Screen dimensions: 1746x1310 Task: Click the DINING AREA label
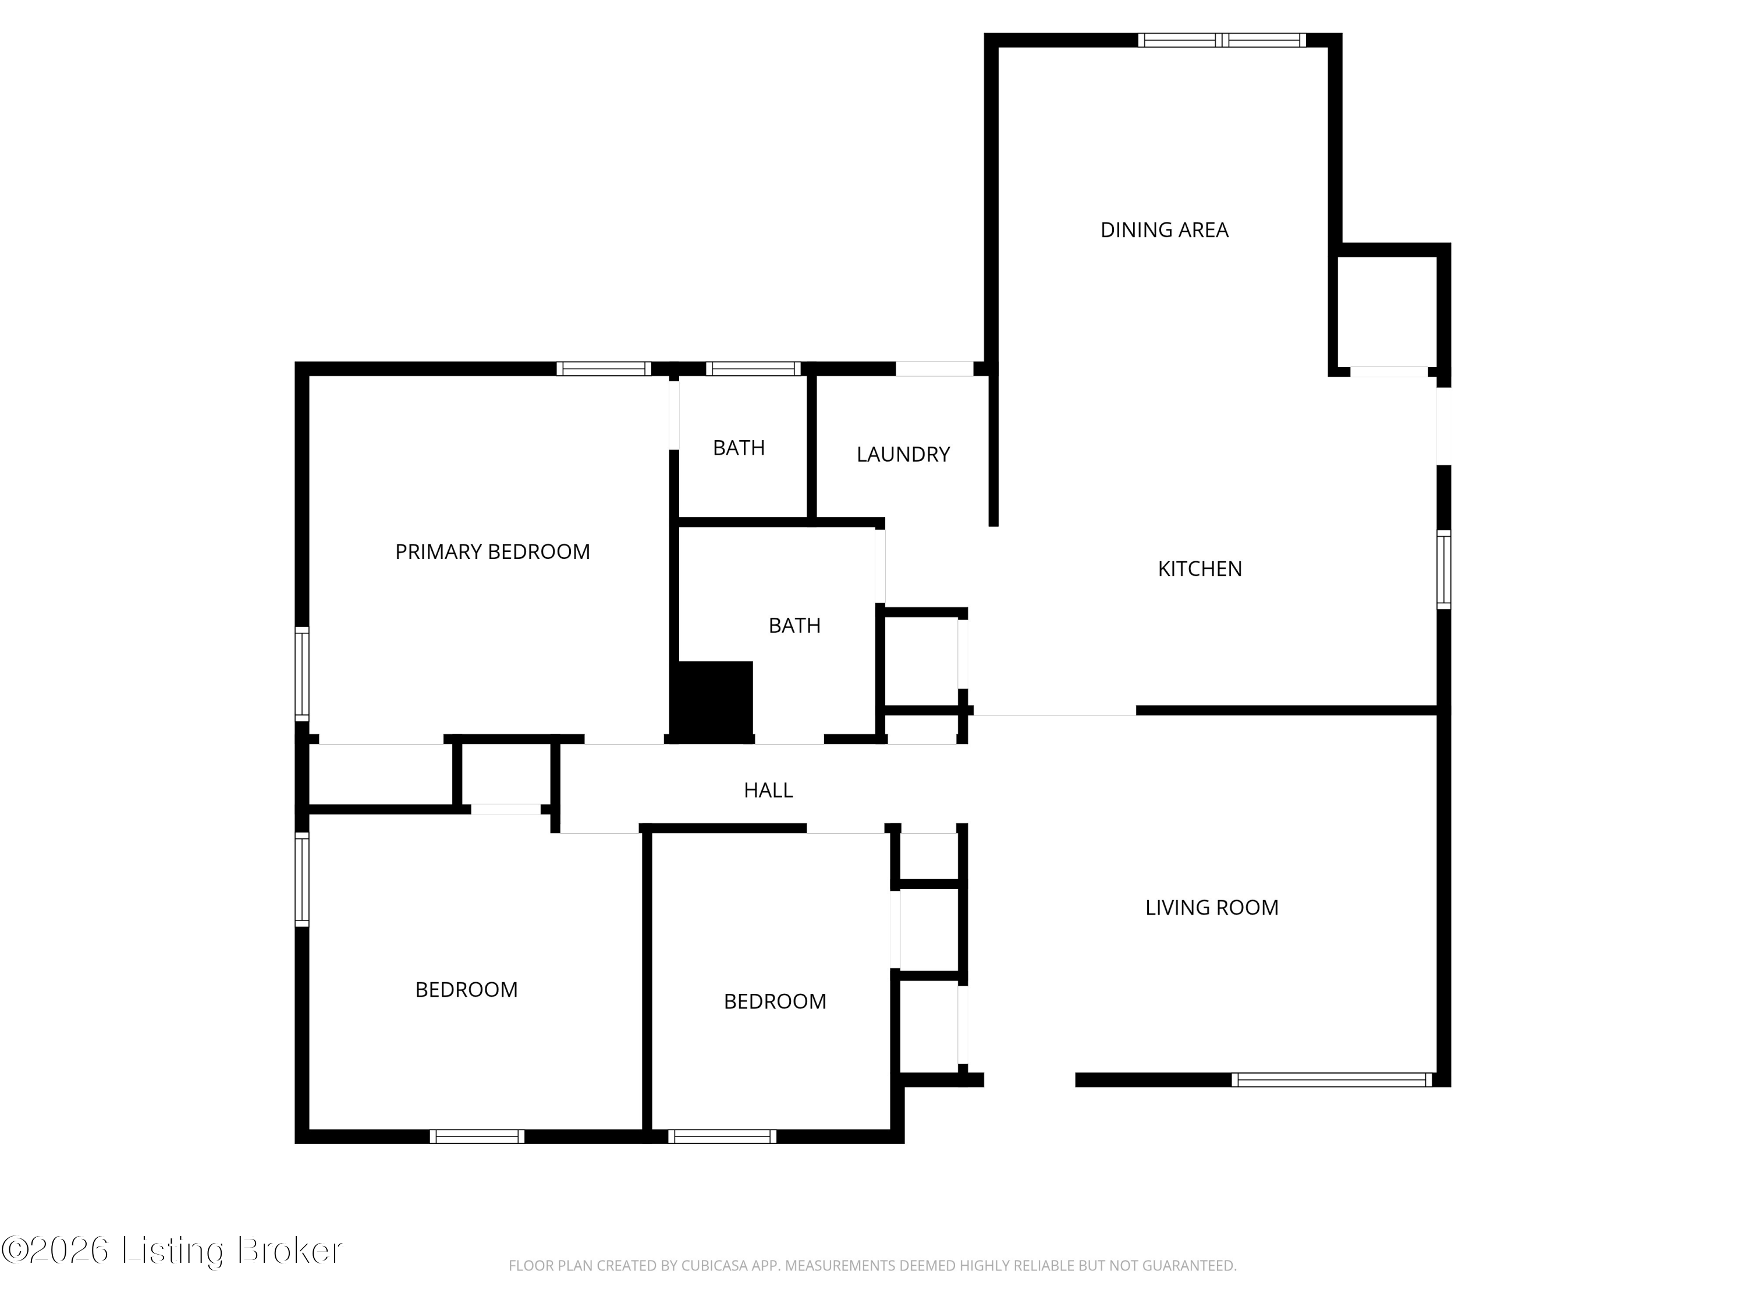(x=1164, y=230)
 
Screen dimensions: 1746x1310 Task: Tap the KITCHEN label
(x=1200, y=568)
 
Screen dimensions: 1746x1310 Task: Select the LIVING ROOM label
(x=1212, y=907)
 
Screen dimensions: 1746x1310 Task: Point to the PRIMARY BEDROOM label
(x=492, y=551)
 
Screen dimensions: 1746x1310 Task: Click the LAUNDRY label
(x=903, y=454)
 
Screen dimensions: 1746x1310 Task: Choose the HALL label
(x=768, y=789)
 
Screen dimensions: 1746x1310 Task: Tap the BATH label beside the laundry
(x=739, y=448)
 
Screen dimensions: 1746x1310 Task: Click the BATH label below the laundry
(x=795, y=625)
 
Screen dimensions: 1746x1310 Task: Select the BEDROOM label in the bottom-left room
(x=467, y=989)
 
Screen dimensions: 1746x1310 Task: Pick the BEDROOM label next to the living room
(x=775, y=1001)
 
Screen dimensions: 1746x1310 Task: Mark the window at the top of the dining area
(x=1221, y=40)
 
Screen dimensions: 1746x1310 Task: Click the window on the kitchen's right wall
(x=1444, y=569)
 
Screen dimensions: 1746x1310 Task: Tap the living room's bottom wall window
(x=1332, y=1079)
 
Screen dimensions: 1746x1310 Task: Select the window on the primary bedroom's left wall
(x=301, y=674)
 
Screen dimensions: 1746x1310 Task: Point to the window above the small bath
(x=753, y=369)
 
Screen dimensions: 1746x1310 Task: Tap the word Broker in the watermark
(x=289, y=1251)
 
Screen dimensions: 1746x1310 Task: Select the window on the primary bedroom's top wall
(x=604, y=369)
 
